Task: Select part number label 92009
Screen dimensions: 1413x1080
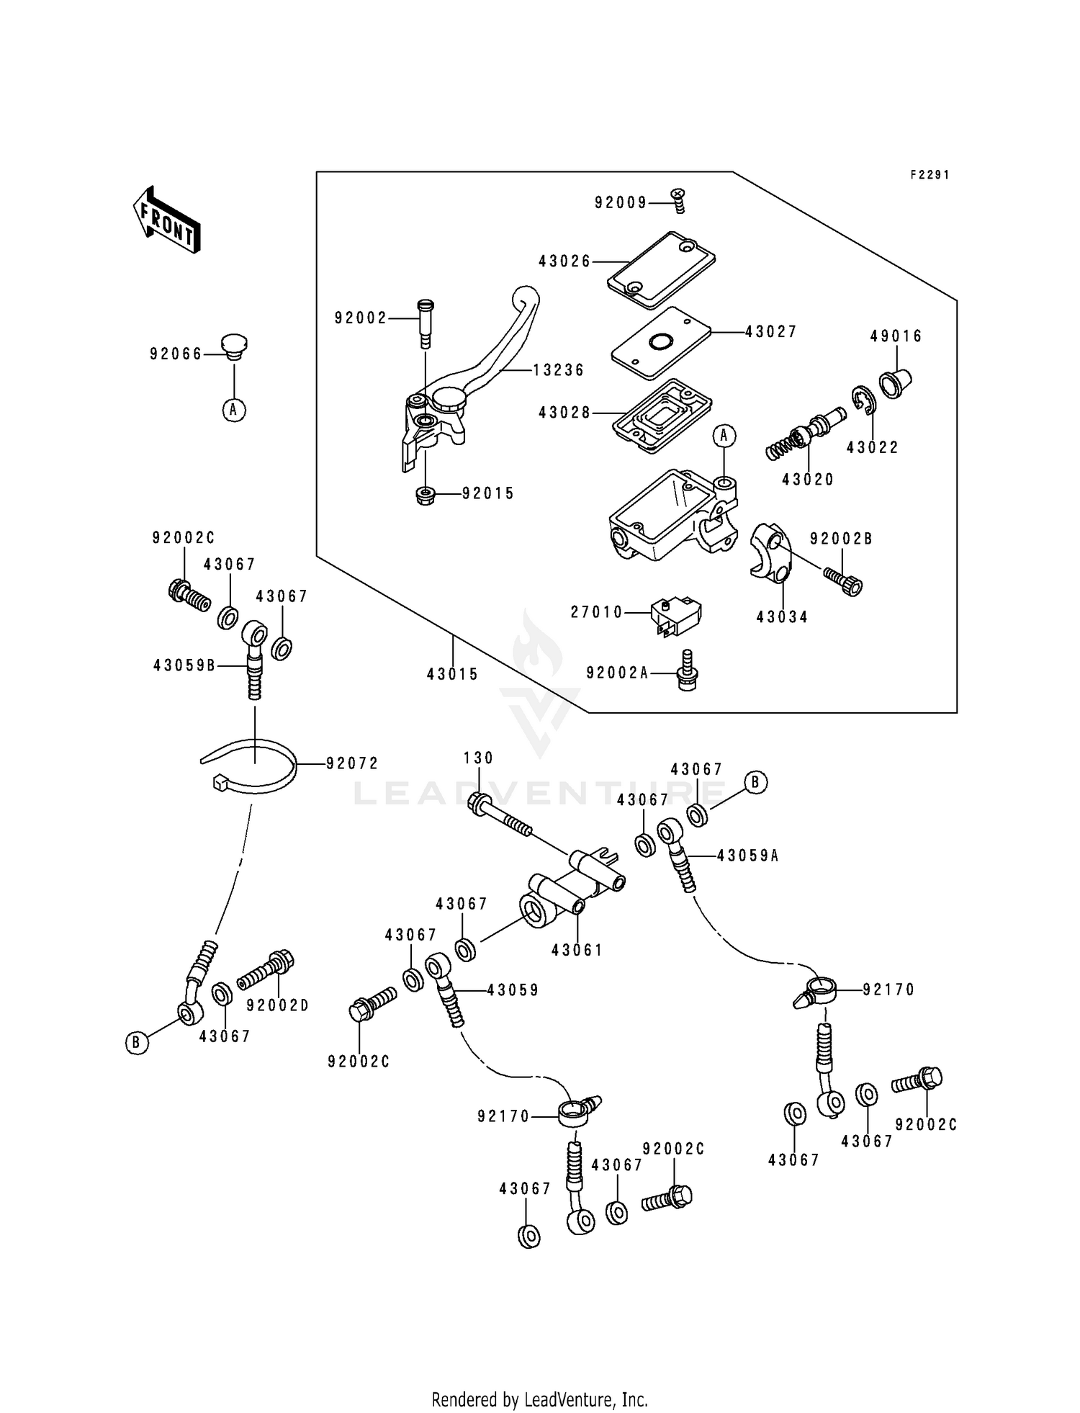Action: coord(621,203)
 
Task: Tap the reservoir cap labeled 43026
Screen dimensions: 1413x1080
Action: coord(661,264)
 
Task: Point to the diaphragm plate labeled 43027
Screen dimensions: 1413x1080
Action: coord(660,343)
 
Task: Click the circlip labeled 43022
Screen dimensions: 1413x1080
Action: coord(863,400)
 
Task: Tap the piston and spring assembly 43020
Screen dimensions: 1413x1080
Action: coord(805,434)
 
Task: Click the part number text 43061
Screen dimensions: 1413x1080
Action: coord(577,951)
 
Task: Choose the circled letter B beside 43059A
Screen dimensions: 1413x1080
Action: coord(756,782)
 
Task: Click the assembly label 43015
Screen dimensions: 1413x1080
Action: coord(452,675)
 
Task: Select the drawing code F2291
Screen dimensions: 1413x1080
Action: coord(930,175)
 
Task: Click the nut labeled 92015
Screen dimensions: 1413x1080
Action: coord(426,495)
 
